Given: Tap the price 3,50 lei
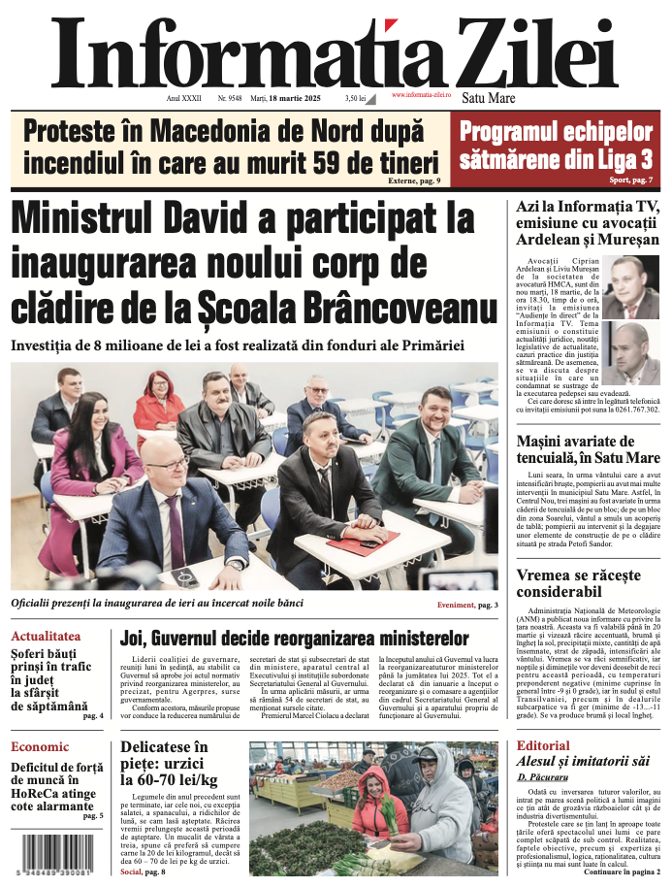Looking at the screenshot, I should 355,98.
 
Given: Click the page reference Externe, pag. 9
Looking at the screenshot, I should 414,181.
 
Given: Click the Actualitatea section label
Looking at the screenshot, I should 46,637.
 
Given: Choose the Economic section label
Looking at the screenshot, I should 40,746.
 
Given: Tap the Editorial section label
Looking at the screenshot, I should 544,745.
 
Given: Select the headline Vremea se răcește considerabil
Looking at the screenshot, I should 578,582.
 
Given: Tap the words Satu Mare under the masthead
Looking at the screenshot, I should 489,98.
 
